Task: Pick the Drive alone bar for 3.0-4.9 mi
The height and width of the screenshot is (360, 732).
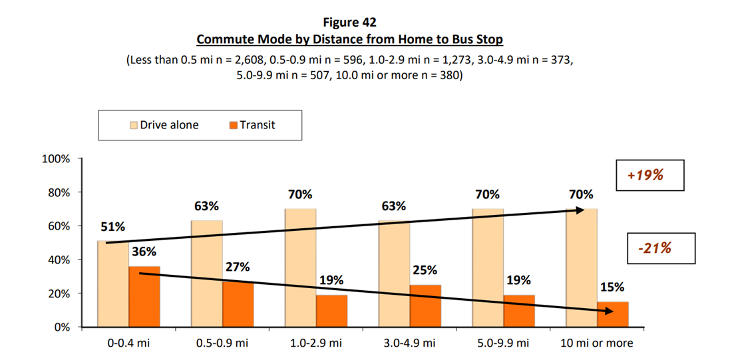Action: tap(394, 273)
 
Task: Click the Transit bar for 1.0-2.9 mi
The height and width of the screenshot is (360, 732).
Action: tap(332, 311)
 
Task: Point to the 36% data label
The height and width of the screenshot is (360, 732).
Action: tap(144, 252)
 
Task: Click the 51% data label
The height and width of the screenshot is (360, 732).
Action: tap(112, 227)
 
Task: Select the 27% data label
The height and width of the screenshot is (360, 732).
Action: tap(238, 267)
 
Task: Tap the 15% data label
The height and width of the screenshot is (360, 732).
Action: tap(613, 287)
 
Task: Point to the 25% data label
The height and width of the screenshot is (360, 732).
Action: tap(425, 271)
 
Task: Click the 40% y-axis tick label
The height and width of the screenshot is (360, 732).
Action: tap(59, 260)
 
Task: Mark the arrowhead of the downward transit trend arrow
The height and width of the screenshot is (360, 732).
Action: tap(609, 310)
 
